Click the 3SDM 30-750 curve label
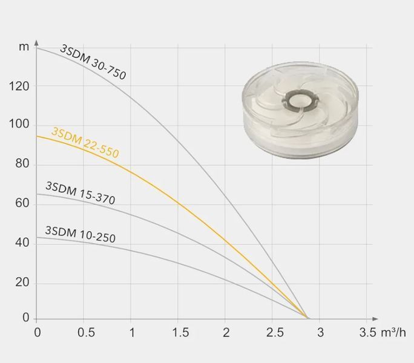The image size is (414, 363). click(93, 62)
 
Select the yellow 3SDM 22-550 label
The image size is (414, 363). click(85, 143)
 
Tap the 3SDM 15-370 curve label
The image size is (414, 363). click(80, 193)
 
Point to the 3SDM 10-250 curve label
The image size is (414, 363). click(80, 234)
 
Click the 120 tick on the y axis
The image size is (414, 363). click(19, 86)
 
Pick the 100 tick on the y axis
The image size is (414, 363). click(19, 124)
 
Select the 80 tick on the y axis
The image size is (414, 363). click(22, 164)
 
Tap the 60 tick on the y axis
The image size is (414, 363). click(22, 203)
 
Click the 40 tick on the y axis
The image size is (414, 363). click(22, 243)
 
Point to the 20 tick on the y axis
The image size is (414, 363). click(22, 283)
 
